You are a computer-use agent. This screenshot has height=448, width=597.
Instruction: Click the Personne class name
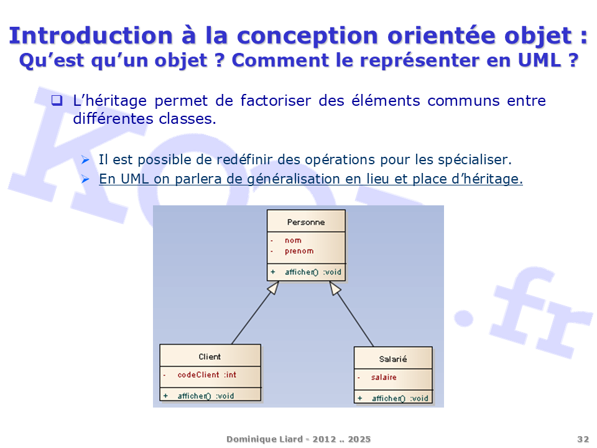click(x=306, y=222)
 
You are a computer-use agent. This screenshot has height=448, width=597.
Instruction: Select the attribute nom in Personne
click(x=293, y=240)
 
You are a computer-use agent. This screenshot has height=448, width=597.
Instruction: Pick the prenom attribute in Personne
click(x=299, y=251)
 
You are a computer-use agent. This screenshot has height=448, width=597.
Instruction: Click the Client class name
click(x=210, y=357)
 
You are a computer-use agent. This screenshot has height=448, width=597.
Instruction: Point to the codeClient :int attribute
click(x=206, y=375)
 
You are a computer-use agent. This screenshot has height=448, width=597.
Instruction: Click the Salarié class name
click(x=393, y=359)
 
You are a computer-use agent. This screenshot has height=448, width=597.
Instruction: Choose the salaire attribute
click(x=384, y=377)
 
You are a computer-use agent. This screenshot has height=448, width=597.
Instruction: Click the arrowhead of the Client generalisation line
click(x=274, y=287)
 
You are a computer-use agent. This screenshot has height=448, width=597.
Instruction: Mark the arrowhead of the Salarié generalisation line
click(x=335, y=288)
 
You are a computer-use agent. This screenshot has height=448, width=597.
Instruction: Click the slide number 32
click(x=583, y=439)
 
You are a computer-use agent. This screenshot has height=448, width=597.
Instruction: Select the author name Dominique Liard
click(x=265, y=439)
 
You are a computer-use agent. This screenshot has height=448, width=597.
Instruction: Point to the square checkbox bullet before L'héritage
click(x=57, y=100)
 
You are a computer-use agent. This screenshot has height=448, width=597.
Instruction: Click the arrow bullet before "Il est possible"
click(x=85, y=160)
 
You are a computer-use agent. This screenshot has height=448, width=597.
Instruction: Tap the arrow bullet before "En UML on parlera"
click(x=85, y=179)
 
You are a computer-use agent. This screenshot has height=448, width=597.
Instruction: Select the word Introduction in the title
click(x=91, y=35)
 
